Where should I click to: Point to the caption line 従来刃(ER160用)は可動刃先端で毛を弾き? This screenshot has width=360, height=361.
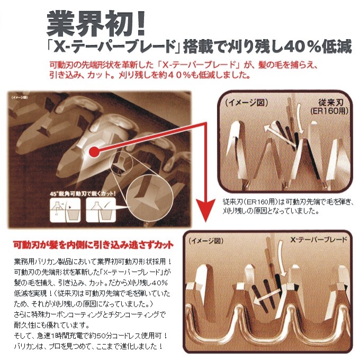pyautogui.click(x=286, y=201)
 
